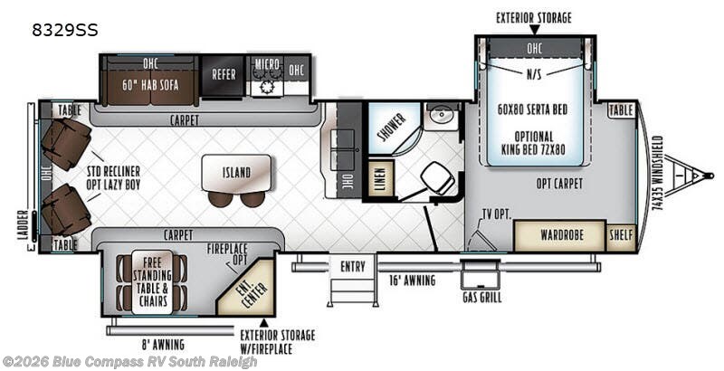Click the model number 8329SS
click(65, 31)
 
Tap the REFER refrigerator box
click(223, 75)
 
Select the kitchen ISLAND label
click(236, 173)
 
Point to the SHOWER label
click(392, 127)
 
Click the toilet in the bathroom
click(437, 179)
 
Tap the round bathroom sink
click(443, 113)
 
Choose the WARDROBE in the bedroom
click(559, 235)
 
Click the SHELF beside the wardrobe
click(621, 236)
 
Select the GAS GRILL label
click(482, 297)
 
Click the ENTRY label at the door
click(353, 267)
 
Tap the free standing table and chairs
click(152, 282)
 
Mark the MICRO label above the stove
click(267, 64)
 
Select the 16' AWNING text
click(412, 281)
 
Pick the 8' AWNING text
click(163, 344)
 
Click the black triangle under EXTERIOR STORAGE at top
click(534, 30)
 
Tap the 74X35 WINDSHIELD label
click(658, 173)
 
